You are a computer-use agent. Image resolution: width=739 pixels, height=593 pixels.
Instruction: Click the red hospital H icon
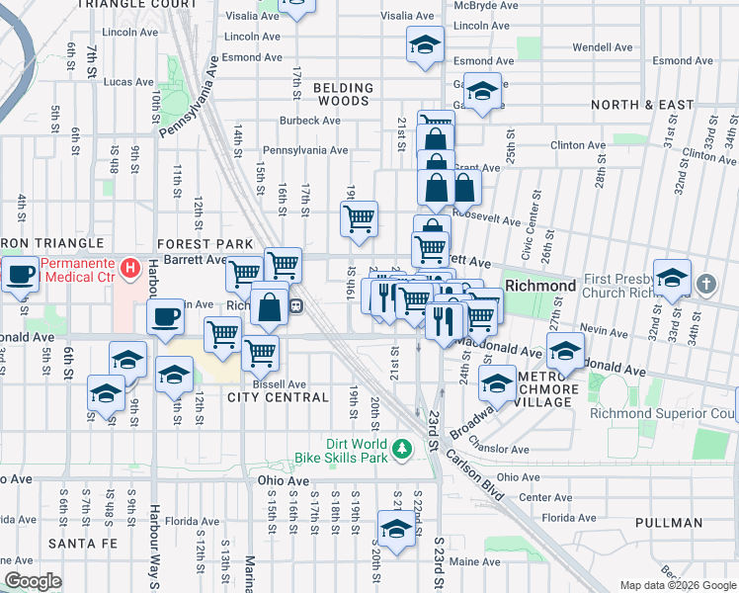click(x=127, y=267)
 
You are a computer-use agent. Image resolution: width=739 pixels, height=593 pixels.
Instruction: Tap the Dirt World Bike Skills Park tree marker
click(x=401, y=450)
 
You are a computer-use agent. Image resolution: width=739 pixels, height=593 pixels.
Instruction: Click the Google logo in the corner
click(x=33, y=581)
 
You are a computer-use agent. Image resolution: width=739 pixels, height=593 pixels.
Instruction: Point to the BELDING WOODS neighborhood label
click(x=344, y=95)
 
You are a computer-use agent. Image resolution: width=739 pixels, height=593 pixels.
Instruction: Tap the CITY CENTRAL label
click(x=278, y=397)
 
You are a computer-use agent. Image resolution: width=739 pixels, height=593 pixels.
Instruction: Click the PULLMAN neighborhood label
click(x=669, y=522)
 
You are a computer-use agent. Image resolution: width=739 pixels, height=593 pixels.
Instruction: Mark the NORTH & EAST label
click(x=642, y=104)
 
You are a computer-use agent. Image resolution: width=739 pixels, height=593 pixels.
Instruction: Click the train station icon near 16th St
click(x=295, y=306)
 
